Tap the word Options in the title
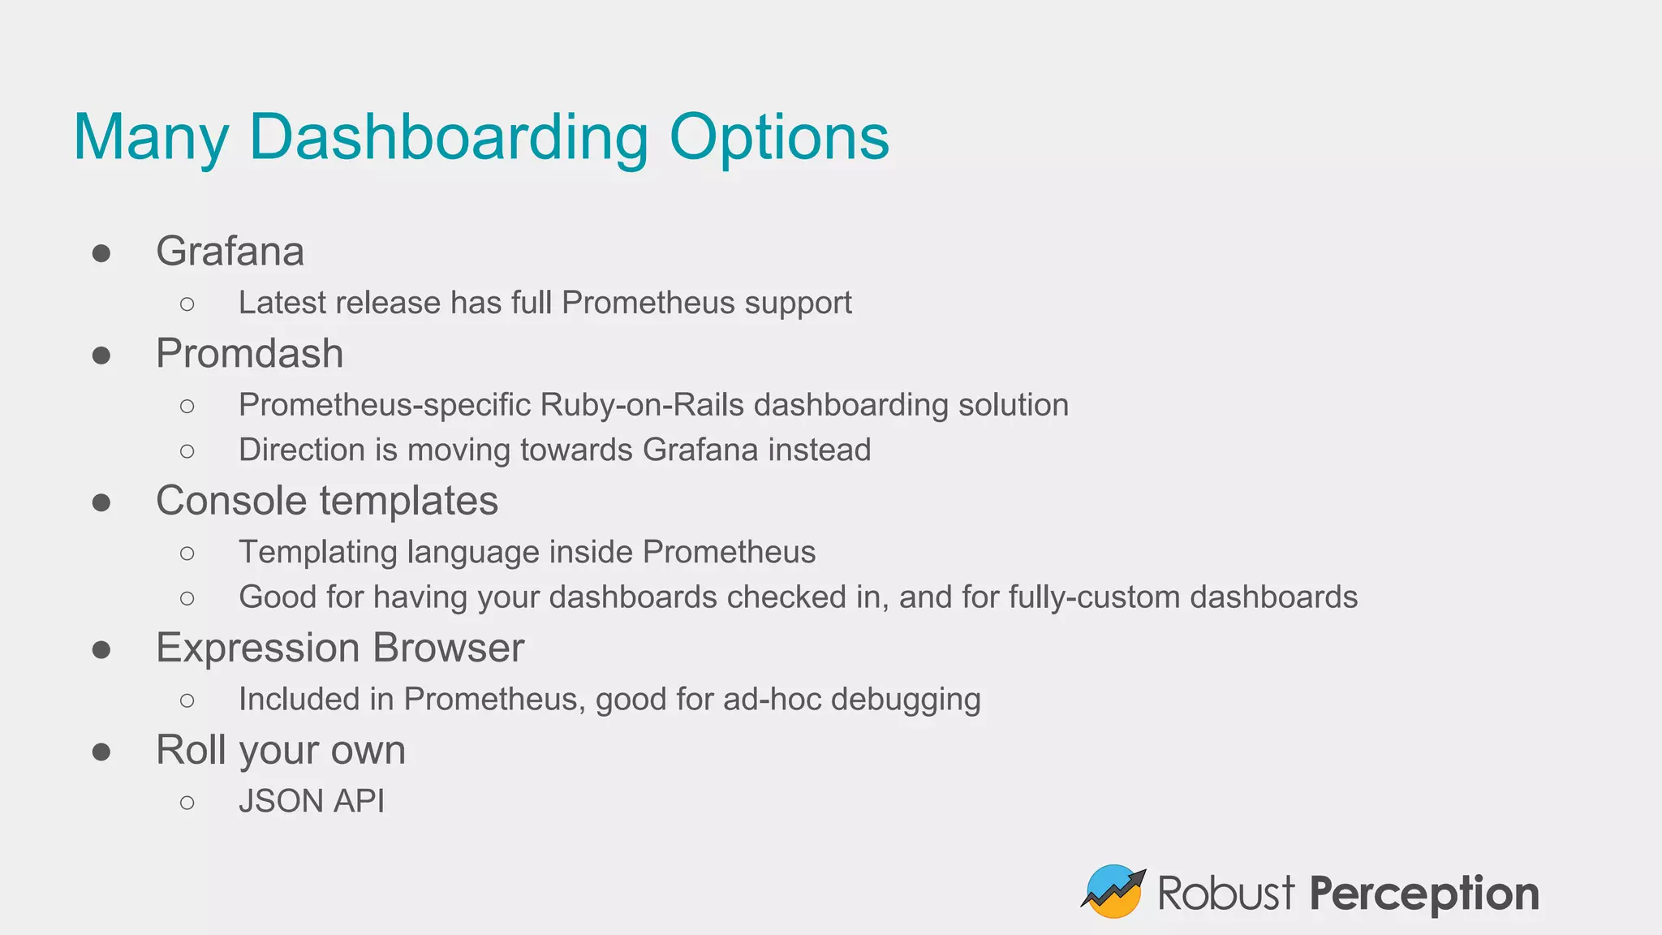778,138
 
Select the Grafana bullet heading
230,251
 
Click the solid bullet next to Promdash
101,355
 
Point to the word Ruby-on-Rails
641,405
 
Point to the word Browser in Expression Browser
448,648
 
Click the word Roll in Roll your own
191,750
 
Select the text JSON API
312,802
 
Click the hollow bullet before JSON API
187,803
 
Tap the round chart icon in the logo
1113,891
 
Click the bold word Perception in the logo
1423,894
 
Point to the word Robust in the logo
1225,893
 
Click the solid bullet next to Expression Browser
101,649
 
